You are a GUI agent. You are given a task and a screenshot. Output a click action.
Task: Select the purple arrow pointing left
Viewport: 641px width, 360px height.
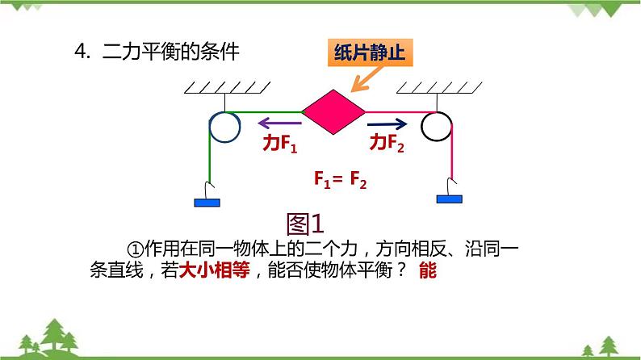(x=279, y=124)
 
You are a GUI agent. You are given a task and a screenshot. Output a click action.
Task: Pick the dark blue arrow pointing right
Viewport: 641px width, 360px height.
(x=388, y=124)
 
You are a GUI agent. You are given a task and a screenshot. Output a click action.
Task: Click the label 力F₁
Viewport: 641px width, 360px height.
(x=281, y=144)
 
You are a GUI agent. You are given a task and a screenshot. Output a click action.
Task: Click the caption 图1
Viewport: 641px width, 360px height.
(x=304, y=222)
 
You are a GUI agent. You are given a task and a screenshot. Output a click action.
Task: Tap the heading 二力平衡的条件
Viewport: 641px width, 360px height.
(x=172, y=52)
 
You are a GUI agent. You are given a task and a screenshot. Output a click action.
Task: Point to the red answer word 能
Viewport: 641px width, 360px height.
(x=427, y=272)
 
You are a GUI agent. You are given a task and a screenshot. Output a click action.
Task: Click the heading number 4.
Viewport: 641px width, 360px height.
(x=80, y=52)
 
